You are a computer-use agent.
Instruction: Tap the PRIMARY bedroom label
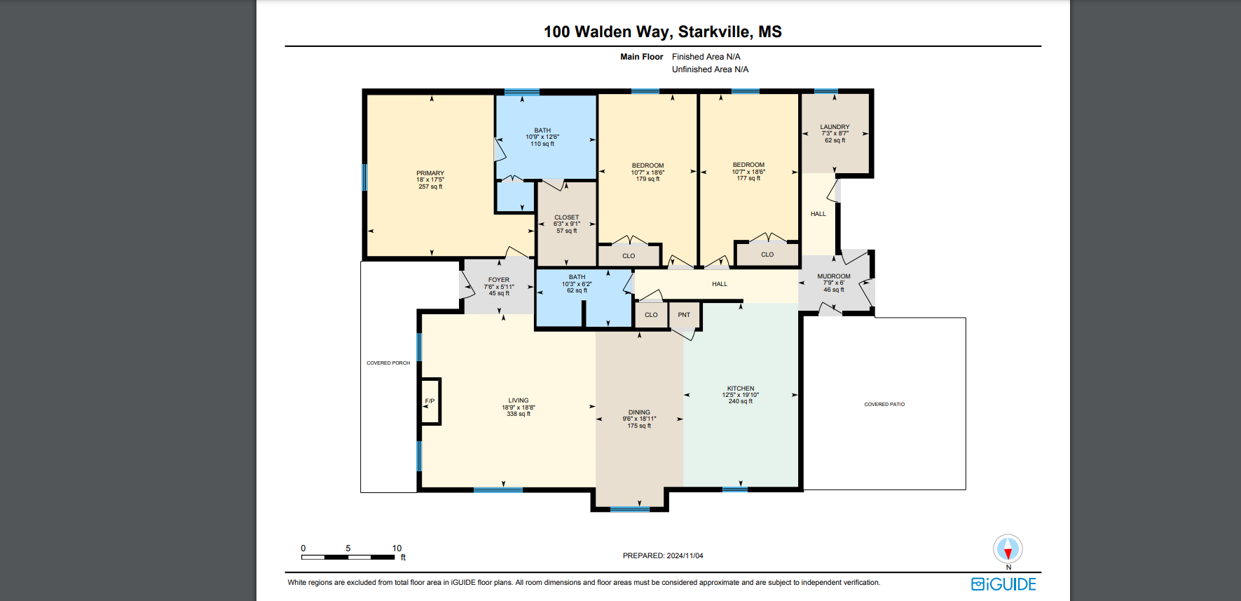(430, 180)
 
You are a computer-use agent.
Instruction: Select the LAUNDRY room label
(835, 133)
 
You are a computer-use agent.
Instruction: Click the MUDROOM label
(834, 283)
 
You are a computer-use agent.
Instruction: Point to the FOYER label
(499, 286)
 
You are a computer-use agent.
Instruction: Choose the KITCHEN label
(741, 394)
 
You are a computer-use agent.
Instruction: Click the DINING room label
(639, 419)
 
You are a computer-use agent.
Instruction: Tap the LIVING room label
(519, 407)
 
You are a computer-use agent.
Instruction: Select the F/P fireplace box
(430, 401)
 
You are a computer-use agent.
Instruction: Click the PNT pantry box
(685, 315)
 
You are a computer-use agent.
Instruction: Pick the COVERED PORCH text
(388, 363)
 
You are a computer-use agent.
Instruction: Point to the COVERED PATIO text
(884, 405)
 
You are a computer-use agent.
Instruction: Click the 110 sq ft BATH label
(542, 137)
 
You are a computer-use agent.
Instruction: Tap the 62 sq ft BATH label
(577, 283)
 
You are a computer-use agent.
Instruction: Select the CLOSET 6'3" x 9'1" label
(567, 224)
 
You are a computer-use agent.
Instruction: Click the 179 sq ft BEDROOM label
(647, 172)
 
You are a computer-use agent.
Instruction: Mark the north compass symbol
(1008, 550)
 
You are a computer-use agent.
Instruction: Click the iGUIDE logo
(1003, 584)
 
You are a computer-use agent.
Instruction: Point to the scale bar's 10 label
(397, 548)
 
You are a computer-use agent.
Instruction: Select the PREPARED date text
(663, 555)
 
